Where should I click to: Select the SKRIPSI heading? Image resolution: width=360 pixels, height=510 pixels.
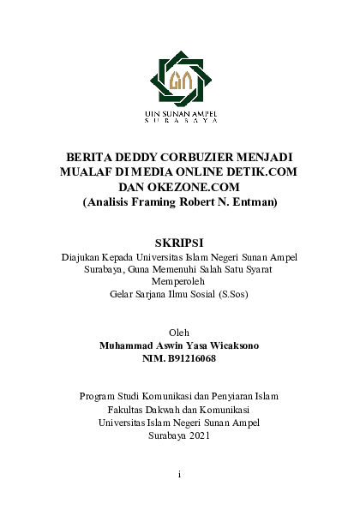180,242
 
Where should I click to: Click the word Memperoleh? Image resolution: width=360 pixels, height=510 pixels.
179,281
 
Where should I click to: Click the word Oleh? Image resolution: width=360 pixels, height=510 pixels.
179,332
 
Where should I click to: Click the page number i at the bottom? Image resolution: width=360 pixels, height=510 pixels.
179,473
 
